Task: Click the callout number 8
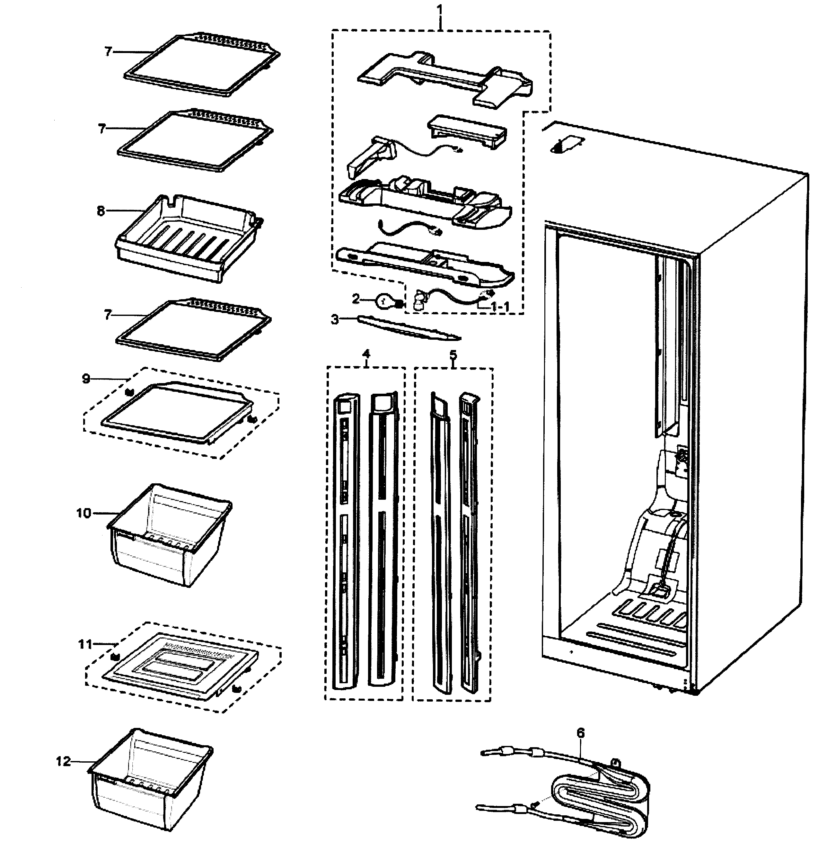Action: [101, 211]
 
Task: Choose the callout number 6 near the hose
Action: [580, 733]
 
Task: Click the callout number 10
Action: [84, 513]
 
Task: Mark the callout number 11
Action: [85, 644]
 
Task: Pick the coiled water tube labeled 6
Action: [602, 791]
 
